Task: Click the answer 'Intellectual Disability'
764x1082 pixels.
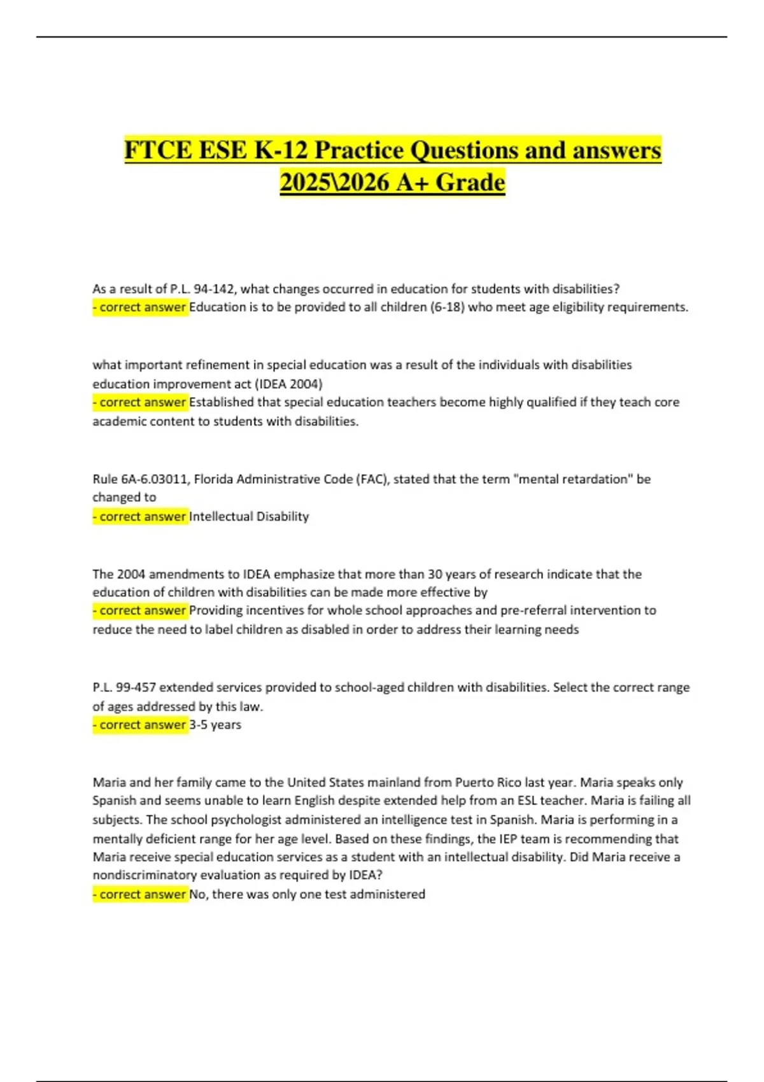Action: (249, 517)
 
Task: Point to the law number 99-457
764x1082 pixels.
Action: (136, 687)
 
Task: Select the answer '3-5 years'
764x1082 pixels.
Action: (215, 725)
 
